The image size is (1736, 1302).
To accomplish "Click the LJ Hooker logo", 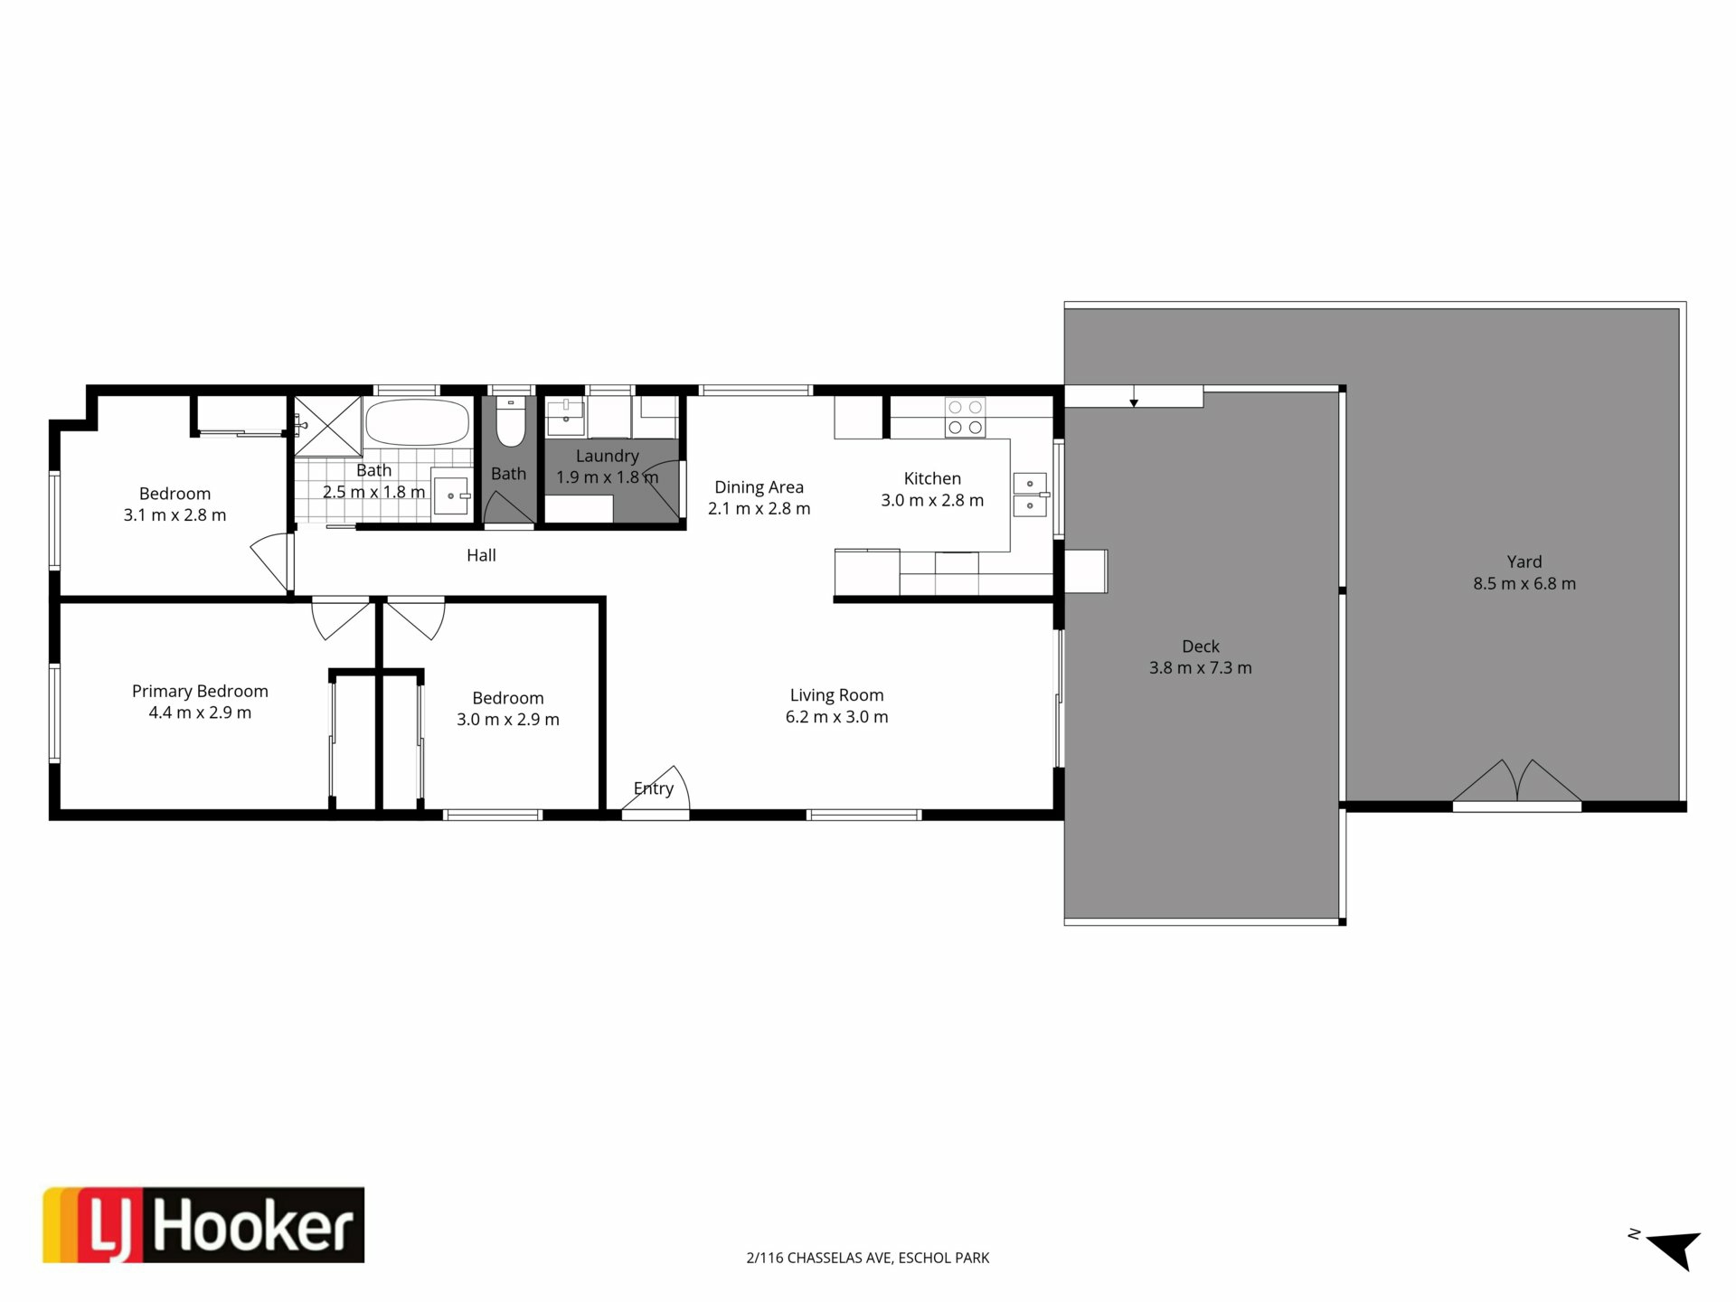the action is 203,1224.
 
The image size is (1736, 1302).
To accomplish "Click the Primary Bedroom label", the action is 200,691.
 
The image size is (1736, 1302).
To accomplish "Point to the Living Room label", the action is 836,694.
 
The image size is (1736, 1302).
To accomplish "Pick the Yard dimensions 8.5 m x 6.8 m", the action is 1524,584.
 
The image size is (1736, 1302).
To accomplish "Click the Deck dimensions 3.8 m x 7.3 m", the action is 1201,668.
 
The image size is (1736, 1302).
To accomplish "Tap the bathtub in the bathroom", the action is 418,421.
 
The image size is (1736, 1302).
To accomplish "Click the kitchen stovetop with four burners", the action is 965,418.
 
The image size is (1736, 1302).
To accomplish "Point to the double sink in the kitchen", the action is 1030,495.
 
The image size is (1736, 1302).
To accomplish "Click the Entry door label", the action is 654,788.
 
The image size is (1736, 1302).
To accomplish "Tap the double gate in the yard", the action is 1517,783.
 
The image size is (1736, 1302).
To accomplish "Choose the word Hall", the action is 481,555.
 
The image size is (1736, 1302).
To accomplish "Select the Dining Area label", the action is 759,487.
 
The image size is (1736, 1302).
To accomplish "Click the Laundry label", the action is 608,456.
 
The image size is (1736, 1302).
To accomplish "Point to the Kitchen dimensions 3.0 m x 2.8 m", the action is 932,500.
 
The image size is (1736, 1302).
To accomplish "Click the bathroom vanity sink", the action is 452,495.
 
